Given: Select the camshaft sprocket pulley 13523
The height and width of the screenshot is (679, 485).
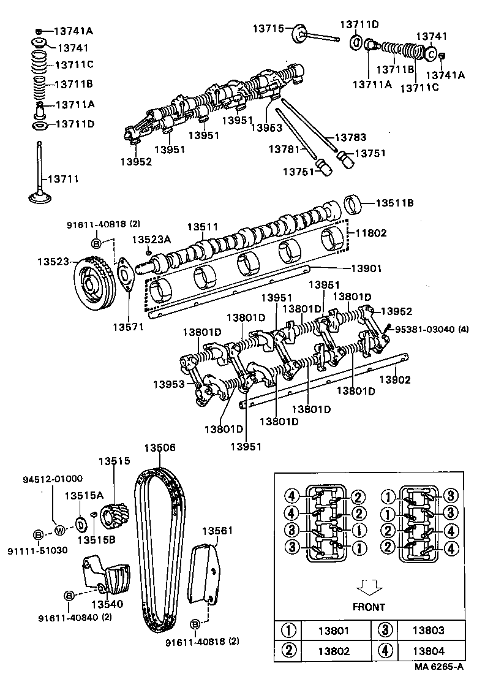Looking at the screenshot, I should pyautogui.click(x=91, y=285).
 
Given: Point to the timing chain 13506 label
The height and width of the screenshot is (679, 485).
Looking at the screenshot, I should pyautogui.click(x=160, y=448).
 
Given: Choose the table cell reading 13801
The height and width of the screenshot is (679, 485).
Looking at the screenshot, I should pyautogui.click(x=334, y=630).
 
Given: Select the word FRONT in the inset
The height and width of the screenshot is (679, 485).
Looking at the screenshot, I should pyautogui.click(x=369, y=607).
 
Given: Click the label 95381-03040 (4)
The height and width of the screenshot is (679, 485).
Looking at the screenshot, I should pyautogui.click(x=431, y=329).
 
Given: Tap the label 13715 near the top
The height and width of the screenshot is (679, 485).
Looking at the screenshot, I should pyautogui.click(x=270, y=28).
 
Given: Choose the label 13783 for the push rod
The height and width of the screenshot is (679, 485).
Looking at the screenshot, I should pyautogui.click(x=351, y=138).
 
